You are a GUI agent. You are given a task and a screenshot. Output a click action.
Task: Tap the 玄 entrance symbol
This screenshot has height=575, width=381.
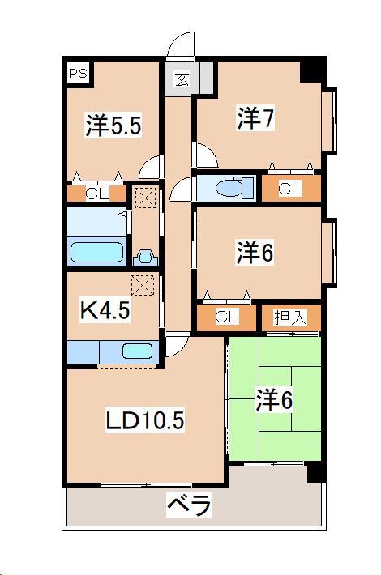tap(182, 79)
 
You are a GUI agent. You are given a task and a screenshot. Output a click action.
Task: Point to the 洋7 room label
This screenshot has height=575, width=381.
tap(255, 118)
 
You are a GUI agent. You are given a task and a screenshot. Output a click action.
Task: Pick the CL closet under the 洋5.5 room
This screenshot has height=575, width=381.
tap(97, 193)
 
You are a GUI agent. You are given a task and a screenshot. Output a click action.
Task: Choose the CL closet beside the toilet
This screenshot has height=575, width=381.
tap(290, 189)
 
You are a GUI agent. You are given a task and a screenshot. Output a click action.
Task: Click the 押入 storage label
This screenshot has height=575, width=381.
tap(289, 317)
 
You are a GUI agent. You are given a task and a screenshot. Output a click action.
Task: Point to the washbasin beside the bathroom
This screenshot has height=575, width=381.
tap(147, 258)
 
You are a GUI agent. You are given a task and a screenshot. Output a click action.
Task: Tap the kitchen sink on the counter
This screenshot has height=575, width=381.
tap(137, 351)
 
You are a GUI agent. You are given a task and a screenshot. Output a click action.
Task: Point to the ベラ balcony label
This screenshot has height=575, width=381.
tap(189, 506)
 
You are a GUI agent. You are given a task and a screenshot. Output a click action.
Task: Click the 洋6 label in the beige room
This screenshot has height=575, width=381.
tap(254, 252)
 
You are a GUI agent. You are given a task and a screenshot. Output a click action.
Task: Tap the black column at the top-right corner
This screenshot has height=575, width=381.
tap(313, 69)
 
